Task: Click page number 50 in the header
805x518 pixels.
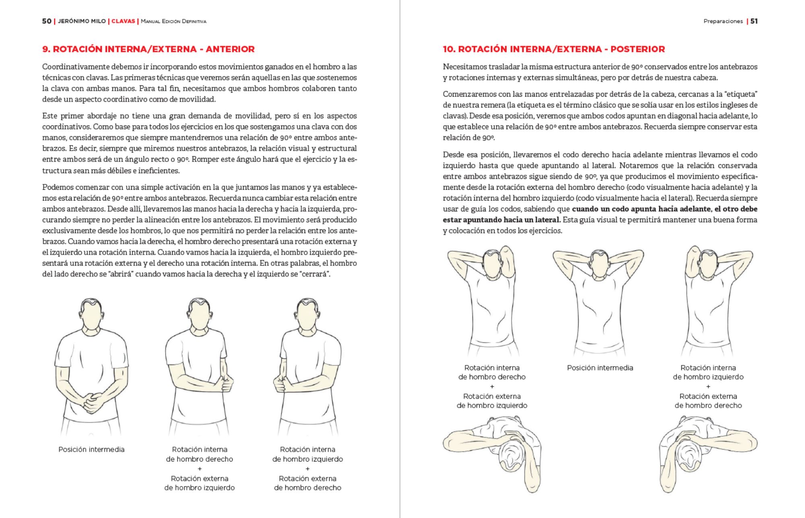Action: tap(47, 21)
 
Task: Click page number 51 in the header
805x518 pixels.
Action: tap(754, 21)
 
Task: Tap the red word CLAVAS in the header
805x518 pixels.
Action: tap(123, 21)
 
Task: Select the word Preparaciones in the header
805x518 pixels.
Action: tap(723, 21)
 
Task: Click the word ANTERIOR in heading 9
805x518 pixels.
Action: tap(230, 49)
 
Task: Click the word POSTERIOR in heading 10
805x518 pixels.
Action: tap(638, 49)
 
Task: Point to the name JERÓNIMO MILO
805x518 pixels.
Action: tap(82, 21)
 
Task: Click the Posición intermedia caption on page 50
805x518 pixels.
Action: tap(91, 450)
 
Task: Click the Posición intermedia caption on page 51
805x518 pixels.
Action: tap(600, 368)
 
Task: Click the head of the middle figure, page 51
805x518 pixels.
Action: tap(600, 266)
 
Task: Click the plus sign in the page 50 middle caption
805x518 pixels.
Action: tap(200, 469)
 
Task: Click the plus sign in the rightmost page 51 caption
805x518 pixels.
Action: tap(708, 387)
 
